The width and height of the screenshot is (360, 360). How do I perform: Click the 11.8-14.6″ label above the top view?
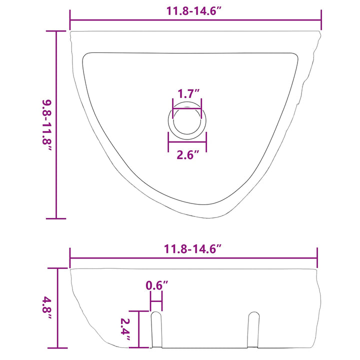[x=193, y=11]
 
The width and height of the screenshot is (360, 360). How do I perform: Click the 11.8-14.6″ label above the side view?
[x=192, y=249]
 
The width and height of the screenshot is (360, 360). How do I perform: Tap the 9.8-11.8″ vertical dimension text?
[x=47, y=125]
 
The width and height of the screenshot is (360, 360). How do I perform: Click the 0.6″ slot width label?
[x=157, y=285]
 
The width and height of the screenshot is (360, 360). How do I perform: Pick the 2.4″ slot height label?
[x=125, y=329]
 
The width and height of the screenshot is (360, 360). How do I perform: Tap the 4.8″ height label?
[x=47, y=307]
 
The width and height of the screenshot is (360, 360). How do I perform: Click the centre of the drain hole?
[x=187, y=120]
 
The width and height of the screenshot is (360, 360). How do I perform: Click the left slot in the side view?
[x=156, y=329]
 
